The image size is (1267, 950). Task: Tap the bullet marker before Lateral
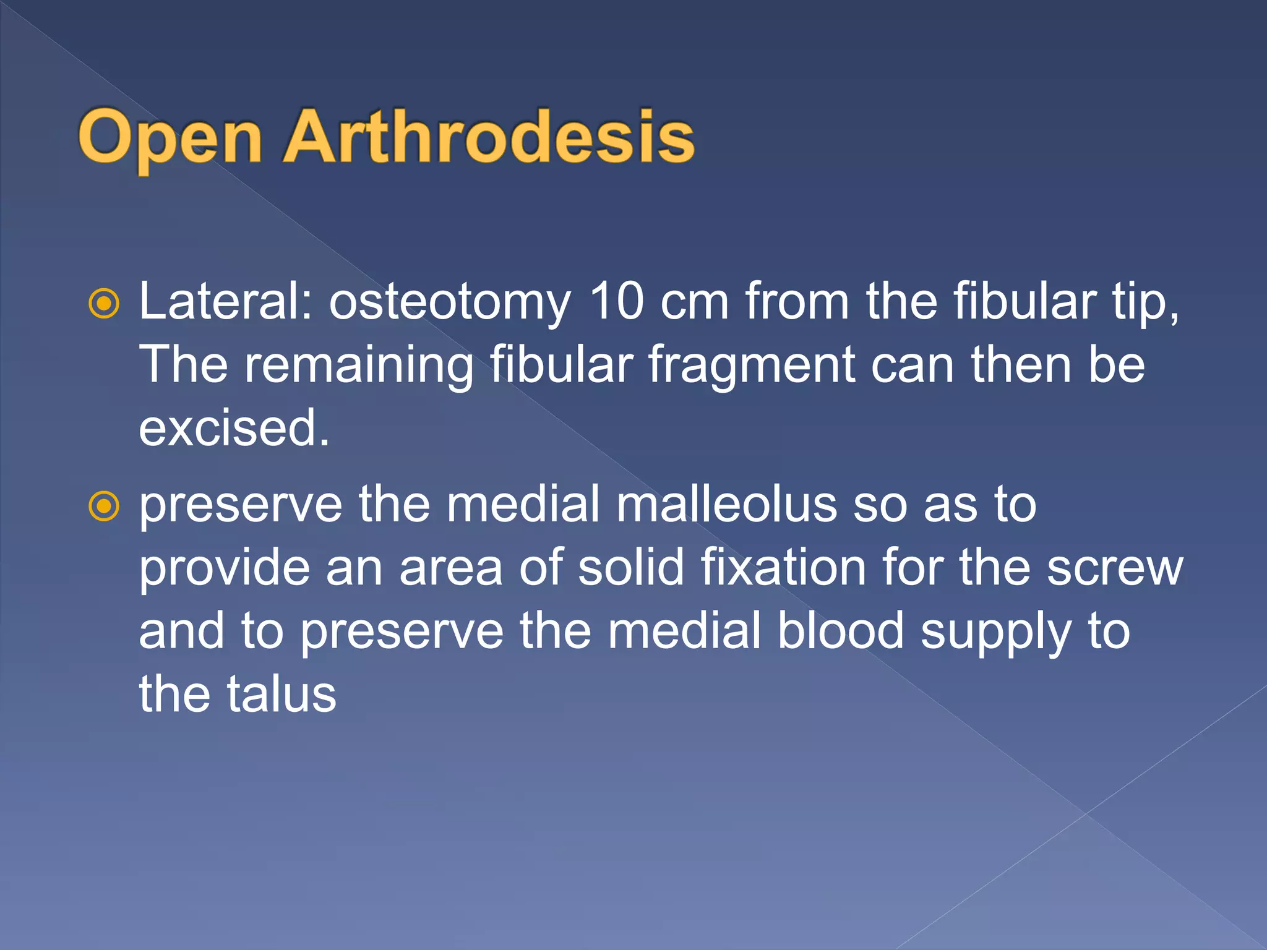tap(104, 303)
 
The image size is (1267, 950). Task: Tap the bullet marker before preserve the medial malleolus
tap(104, 506)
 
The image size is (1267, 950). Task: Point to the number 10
tap(616, 301)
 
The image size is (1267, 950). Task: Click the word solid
tap(631, 568)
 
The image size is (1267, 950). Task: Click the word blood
tap(841, 631)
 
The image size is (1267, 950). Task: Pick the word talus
tap(281, 694)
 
